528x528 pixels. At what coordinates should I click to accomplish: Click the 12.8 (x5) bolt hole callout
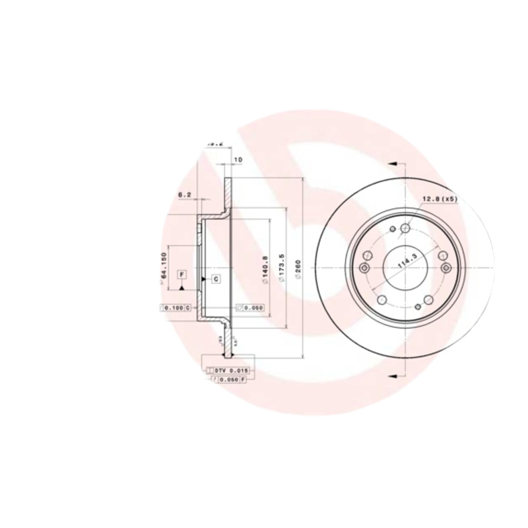(440, 199)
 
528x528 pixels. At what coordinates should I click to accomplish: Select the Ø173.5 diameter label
(282, 269)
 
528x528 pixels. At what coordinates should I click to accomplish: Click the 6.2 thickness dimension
(185, 195)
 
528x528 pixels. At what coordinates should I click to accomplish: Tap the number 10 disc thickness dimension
(238, 160)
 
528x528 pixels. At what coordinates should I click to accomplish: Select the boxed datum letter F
(181, 274)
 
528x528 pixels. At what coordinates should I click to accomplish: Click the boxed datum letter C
(216, 280)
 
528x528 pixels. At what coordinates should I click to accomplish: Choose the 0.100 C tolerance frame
(175, 308)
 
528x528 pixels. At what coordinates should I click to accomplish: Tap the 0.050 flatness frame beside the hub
(251, 308)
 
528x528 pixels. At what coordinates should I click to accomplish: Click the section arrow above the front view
(391, 162)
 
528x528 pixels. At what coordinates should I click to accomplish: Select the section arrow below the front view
(391, 376)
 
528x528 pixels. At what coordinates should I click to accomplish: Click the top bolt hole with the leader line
(406, 228)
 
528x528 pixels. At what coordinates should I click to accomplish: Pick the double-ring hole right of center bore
(447, 267)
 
